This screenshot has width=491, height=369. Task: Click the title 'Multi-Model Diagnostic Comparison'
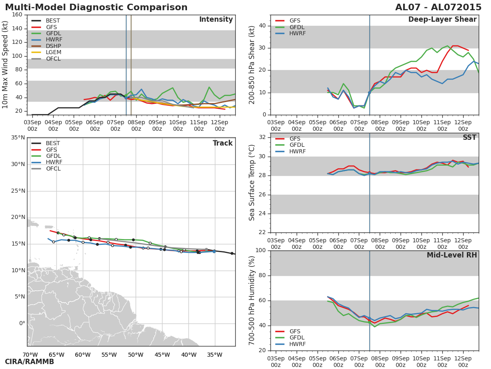click(96, 7)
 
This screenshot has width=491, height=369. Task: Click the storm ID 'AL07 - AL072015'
click(438, 7)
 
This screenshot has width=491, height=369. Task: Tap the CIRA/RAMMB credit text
click(29, 362)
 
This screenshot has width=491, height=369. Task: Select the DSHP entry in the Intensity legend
click(53, 46)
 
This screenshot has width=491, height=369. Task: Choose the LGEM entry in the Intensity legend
click(54, 52)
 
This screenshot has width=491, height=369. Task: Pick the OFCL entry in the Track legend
click(53, 169)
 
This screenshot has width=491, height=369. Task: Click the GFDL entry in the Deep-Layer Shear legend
click(297, 27)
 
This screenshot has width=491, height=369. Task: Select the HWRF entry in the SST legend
click(297, 152)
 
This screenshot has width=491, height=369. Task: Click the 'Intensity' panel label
click(216, 20)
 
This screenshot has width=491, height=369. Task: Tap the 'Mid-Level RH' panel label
click(452, 255)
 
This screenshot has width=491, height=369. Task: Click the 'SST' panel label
click(469, 138)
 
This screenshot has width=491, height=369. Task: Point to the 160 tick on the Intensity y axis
click(17, 15)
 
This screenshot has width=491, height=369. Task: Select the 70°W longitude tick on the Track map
click(30, 355)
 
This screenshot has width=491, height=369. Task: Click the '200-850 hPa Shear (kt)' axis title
click(252, 65)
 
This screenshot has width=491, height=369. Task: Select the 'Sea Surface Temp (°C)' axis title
click(252, 183)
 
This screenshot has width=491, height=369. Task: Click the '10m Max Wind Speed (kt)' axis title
click(5, 65)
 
